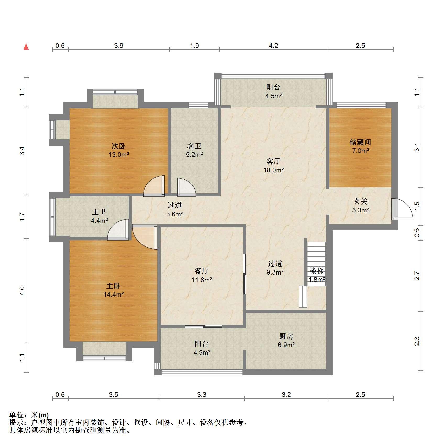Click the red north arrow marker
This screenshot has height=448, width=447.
(x=26, y=47)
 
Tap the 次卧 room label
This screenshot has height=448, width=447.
(x=119, y=146)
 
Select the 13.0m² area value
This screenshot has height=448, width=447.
(x=119, y=155)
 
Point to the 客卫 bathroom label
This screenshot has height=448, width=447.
(x=194, y=146)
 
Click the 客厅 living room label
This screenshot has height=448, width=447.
(x=273, y=161)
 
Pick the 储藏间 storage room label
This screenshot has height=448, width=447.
(x=360, y=142)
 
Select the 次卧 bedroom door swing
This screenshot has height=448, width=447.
(x=154, y=186)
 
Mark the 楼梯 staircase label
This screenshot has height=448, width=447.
(x=316, y=271)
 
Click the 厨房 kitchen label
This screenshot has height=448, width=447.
(x=286, y=336)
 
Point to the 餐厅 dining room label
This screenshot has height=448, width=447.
(x=202, y=271)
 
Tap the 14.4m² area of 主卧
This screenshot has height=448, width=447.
(x=114, y=294)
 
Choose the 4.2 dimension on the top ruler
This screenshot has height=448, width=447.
(x=273, y=46)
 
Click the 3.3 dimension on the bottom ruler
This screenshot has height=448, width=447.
(x=202, y=395)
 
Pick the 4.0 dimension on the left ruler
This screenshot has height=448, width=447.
(x=23, y=291)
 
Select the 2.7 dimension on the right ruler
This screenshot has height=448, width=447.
(x=417, y=276)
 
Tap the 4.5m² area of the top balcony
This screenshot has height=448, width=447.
(x=274, y=96)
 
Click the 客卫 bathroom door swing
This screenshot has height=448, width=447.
(x=186, y=187)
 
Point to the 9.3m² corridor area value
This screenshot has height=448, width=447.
(x=275, y=272)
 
